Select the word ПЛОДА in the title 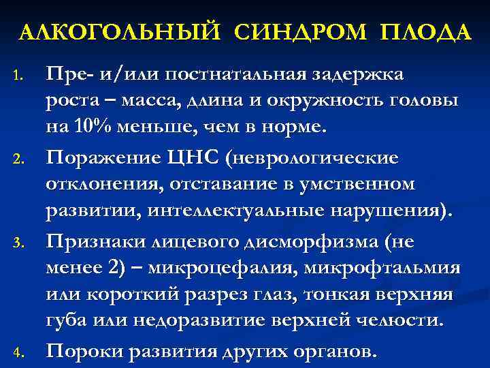[426, 33]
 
